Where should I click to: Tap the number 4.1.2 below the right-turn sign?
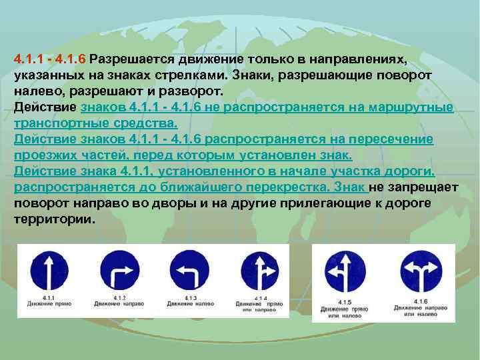point(119,297)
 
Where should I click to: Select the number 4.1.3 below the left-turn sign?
point(191,297)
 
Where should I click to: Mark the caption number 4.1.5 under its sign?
point(343,303)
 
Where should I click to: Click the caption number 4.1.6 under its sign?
point(420,302)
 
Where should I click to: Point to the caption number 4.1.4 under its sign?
point(260,297)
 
